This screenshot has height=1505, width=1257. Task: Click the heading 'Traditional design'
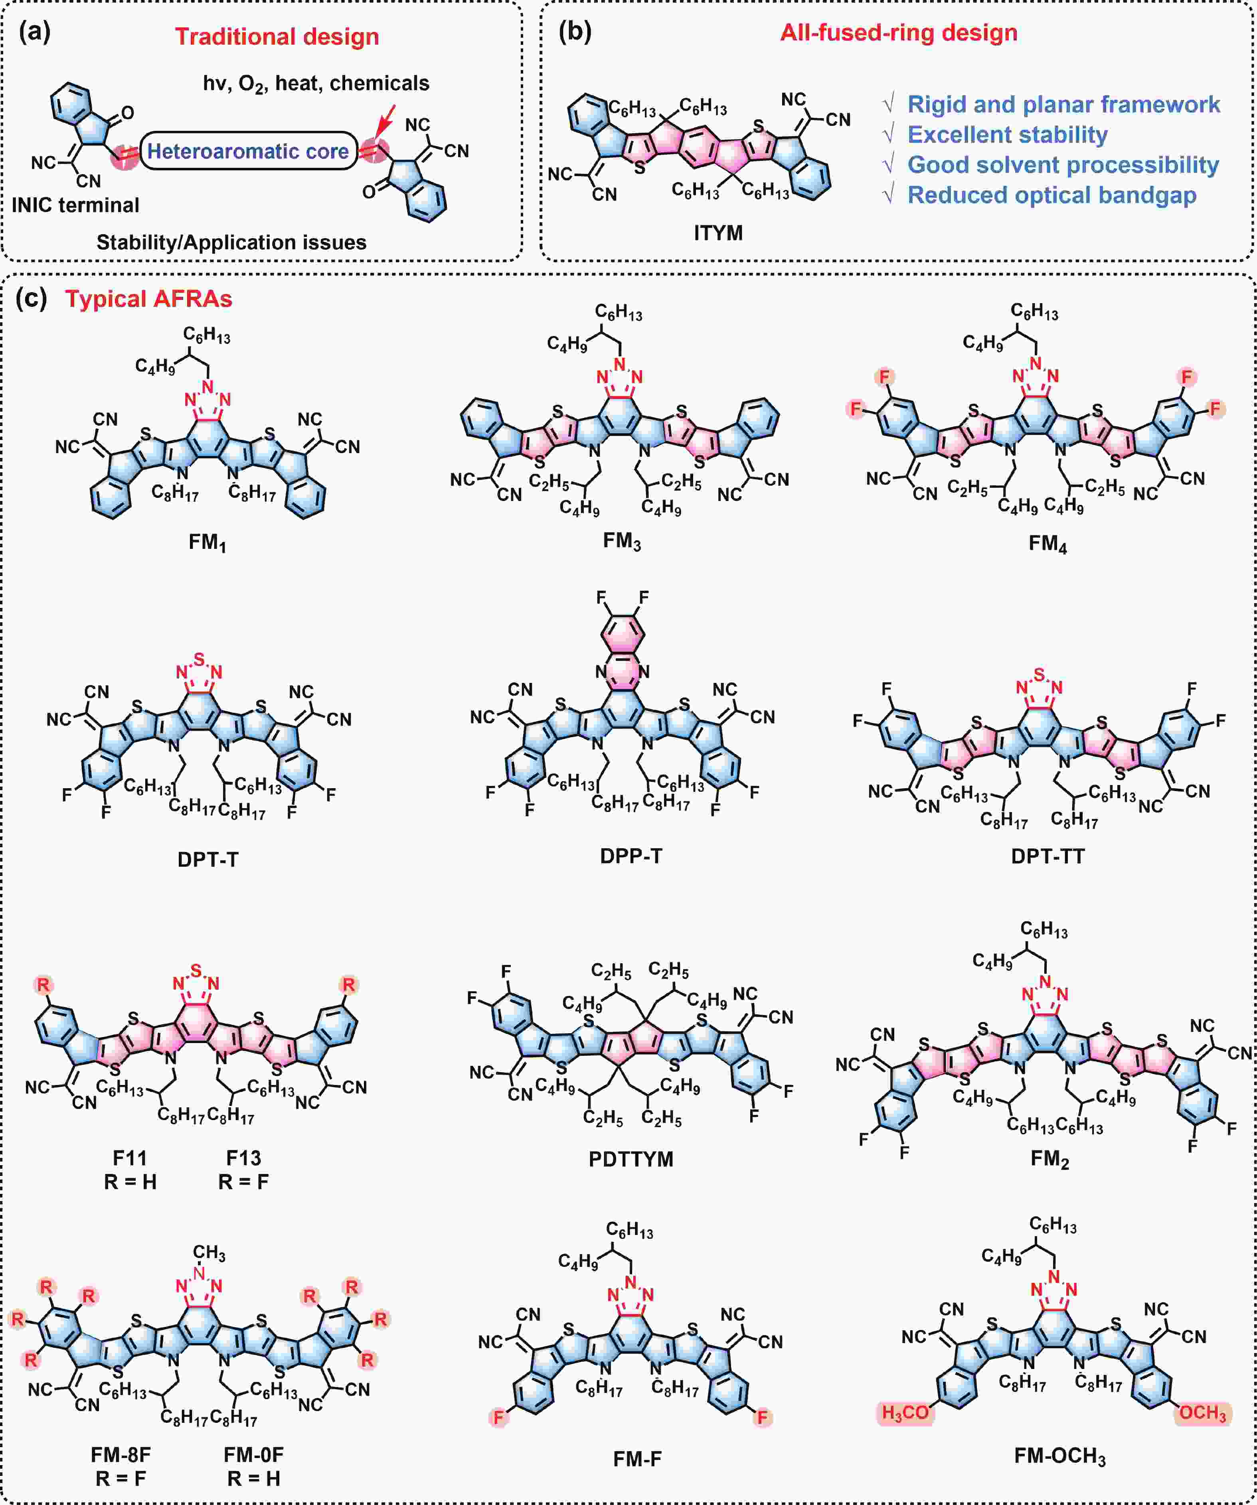(x=277, y=37)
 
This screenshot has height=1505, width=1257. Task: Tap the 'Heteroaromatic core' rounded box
(x=248, y=150)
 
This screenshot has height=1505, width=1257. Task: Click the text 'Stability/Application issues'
(x=231, y=242)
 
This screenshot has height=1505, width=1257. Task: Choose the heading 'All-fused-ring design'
(x=899, y=33)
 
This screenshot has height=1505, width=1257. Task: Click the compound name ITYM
(x=718, y=233)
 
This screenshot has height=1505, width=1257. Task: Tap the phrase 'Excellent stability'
(x=1008, y=135)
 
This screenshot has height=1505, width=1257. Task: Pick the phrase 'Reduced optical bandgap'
(x=1052, y=195)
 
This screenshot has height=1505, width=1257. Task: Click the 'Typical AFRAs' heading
(x=149, y=299)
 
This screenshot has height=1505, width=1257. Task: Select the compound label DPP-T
(x=631, y=856)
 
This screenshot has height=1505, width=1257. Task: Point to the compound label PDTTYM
(x=631, y=1159)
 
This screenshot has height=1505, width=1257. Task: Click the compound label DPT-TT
(x=1047, y=856)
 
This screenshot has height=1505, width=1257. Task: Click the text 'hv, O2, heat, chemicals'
(x=316, y=84)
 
